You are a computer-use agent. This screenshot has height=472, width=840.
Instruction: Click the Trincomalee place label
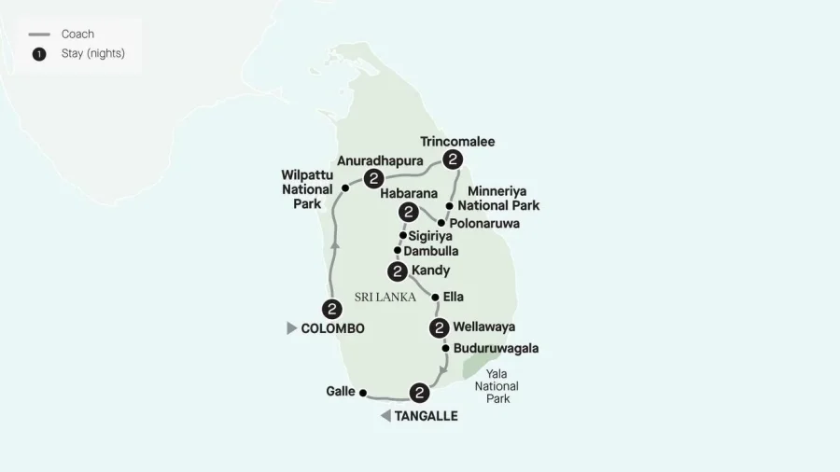point(457,142)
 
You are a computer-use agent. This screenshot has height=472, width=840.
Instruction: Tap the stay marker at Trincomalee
point(453,160)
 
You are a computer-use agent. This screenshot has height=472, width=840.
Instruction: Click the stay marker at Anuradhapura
point(373,177)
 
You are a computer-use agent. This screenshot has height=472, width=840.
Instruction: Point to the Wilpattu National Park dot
point(345,188)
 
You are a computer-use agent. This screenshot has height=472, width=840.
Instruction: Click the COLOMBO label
point(332,328)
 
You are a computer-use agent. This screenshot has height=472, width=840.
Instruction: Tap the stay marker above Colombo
point(330,309)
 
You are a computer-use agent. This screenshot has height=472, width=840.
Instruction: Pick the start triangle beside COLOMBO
point(292,328)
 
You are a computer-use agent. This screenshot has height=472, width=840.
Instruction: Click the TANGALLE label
point(427,416)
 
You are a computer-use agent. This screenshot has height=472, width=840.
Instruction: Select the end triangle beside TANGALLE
point(385,416)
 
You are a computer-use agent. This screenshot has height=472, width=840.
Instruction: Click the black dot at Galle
point(363,393)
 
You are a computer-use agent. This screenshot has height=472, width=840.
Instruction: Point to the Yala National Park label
point(497,385)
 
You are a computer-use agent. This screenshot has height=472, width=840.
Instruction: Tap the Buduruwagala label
point(497,349)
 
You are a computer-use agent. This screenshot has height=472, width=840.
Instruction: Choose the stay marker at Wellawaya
point(439,327)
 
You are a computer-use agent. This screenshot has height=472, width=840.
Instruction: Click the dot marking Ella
point(435,298)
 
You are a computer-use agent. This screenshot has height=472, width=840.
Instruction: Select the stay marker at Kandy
point(397,271)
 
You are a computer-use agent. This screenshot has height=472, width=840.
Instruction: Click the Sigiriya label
point(430,237)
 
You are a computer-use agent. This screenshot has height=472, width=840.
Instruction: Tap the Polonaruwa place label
point(485,224)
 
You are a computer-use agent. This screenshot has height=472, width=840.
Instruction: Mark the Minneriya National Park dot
point(450,205)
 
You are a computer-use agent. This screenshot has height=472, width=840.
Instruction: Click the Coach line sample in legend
point(40,35)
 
